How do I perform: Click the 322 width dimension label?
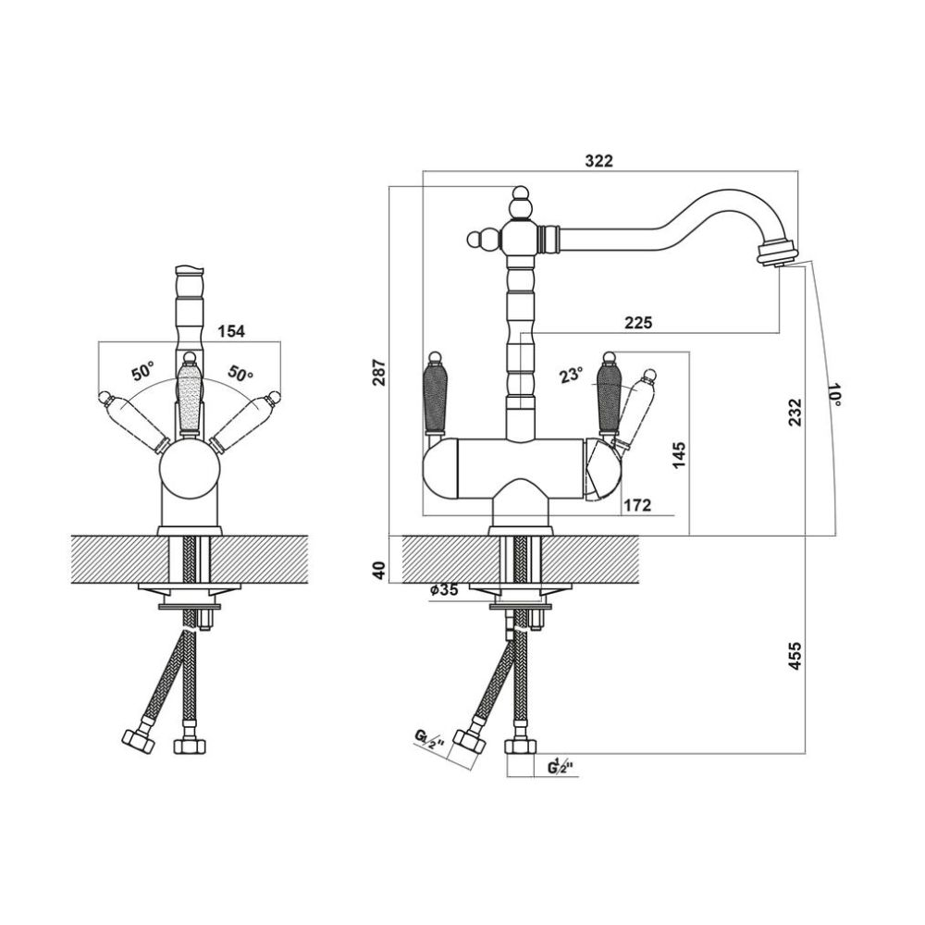[598, 160]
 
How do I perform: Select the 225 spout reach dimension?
[638, 323]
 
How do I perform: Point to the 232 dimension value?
[795, 413]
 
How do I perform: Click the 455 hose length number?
[795, 656]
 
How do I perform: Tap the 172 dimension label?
[637, 505]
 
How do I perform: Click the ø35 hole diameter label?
[444, 590]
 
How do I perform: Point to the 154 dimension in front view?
[231, 331]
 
